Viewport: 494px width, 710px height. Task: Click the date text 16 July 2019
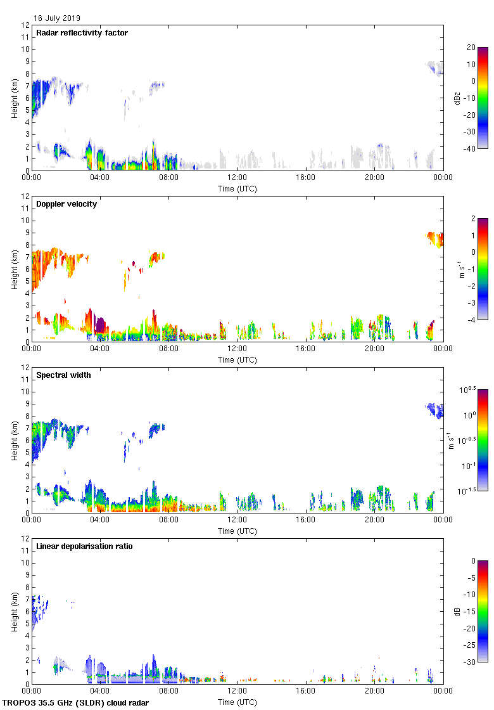pyautogui.click(x=57, y=18)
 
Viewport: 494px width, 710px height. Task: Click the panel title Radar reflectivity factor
pyautogui.click(x=82, y=33)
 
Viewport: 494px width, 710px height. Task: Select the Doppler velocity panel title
pyautogui.click(x=66, y=204)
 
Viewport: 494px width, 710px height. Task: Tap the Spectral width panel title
pyautogui.click(x=63, y=375)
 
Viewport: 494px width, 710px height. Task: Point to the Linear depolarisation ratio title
pyautogui.click(x=82, y=546)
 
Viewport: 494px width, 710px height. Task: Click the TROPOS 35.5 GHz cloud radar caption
pyautogui.click(x=76, y=703)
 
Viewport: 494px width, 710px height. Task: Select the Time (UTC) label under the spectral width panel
pyautogui.click(x=237, y=531)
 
